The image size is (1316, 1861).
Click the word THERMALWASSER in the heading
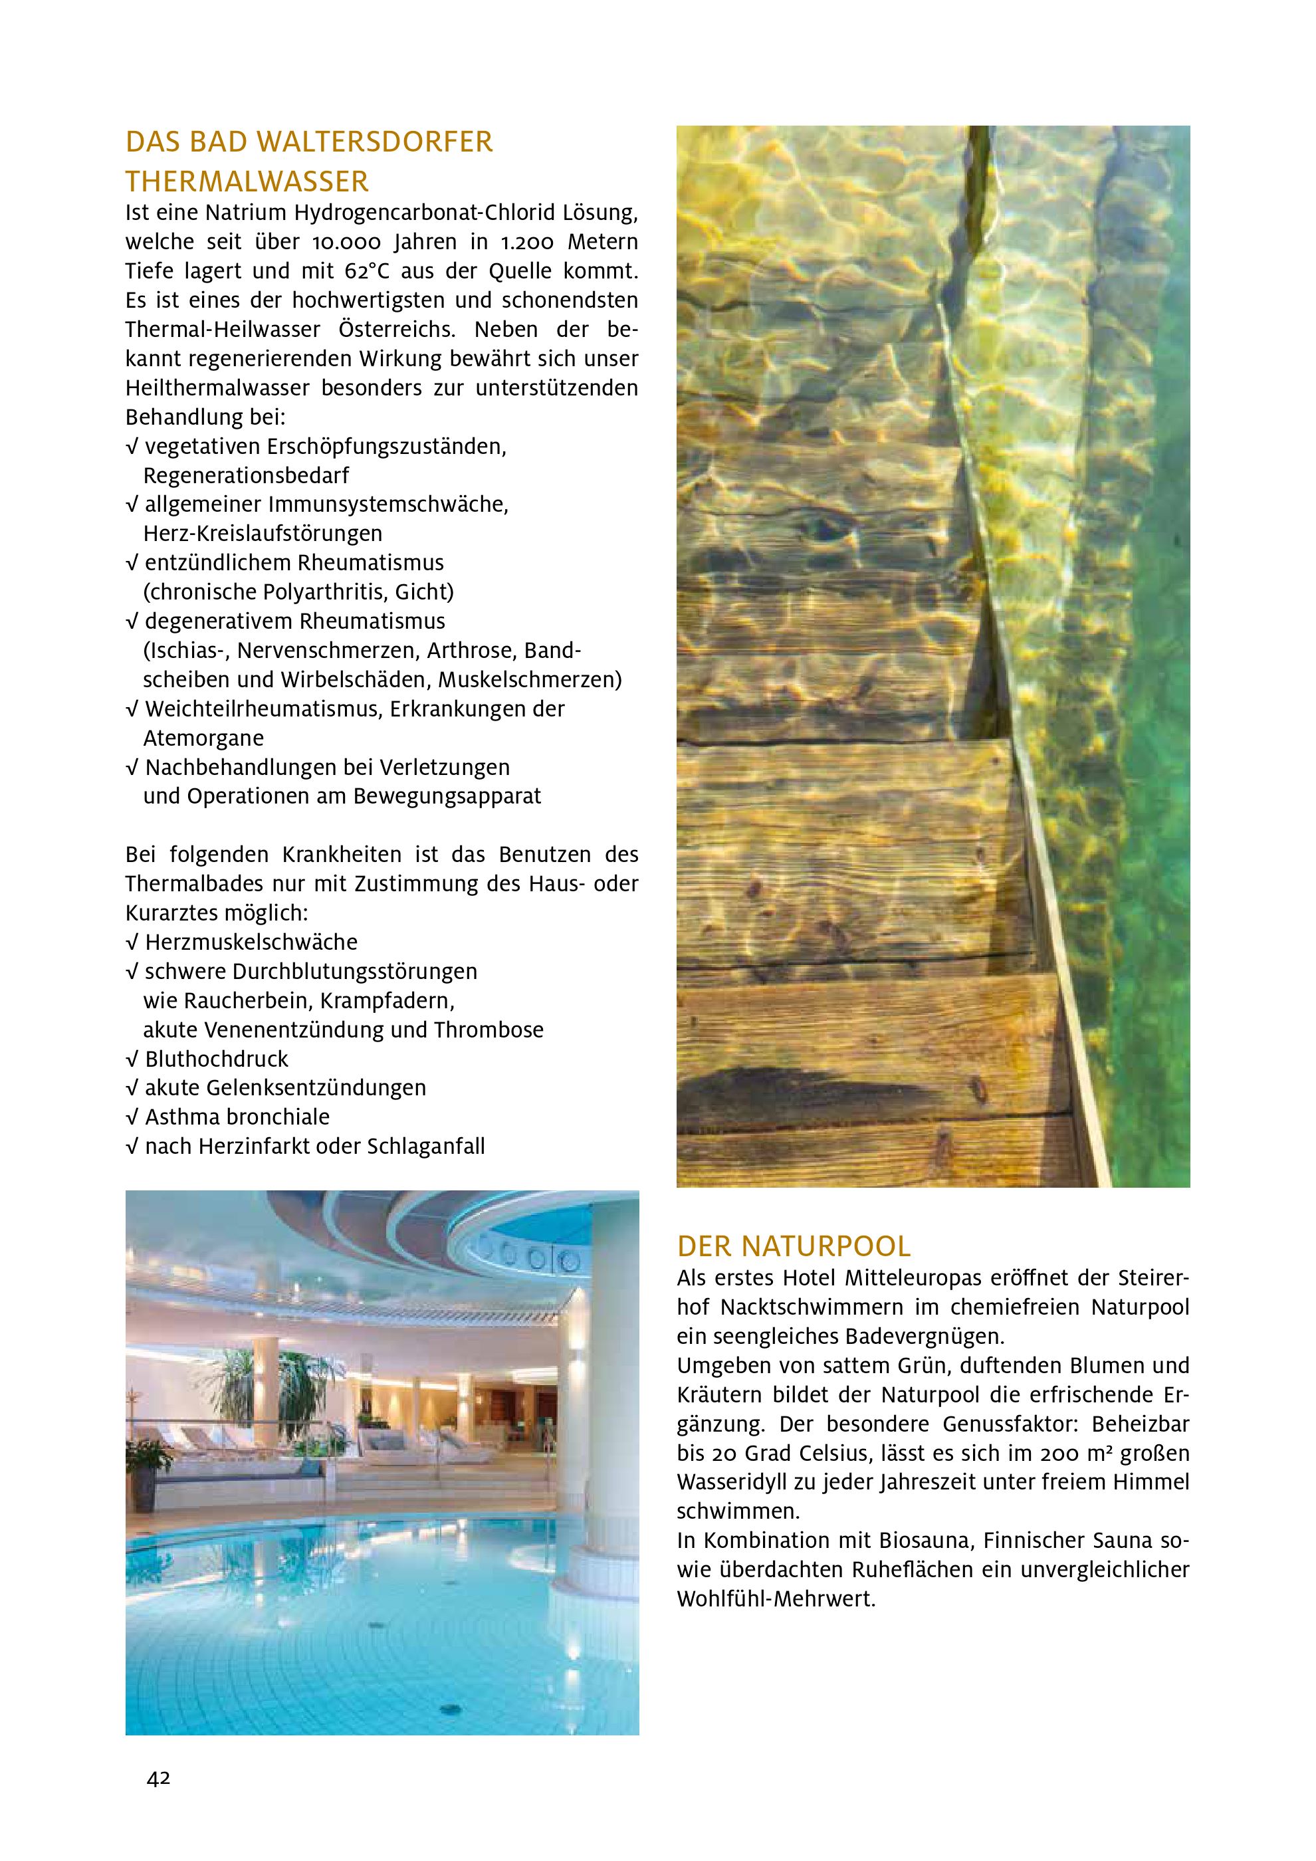[x=247, y=181]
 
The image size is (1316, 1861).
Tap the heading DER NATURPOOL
[x=794, y=1245]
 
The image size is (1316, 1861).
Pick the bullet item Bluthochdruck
[x=217, y=1059]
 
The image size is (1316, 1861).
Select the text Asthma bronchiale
[x=237, y=1117]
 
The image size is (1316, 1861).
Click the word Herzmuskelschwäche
[x=251, y=942]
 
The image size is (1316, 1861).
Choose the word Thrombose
[x=489, y=1030]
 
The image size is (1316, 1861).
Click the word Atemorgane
[x=203, y=738]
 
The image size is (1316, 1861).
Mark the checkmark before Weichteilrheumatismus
[x=132, y=709]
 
